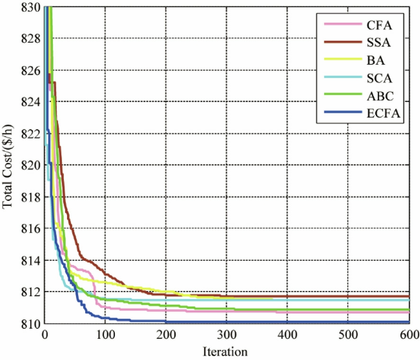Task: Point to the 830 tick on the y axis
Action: [x=32, y=7]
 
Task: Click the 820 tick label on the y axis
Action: [x=32, y=165]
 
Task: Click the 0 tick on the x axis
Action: [x=45, y=334]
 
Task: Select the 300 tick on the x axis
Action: [x=226, y=334]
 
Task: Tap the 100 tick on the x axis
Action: [x=105, y=334]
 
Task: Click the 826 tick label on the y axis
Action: [x=32, y=70]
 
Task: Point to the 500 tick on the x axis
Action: [x=348, y=334]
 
